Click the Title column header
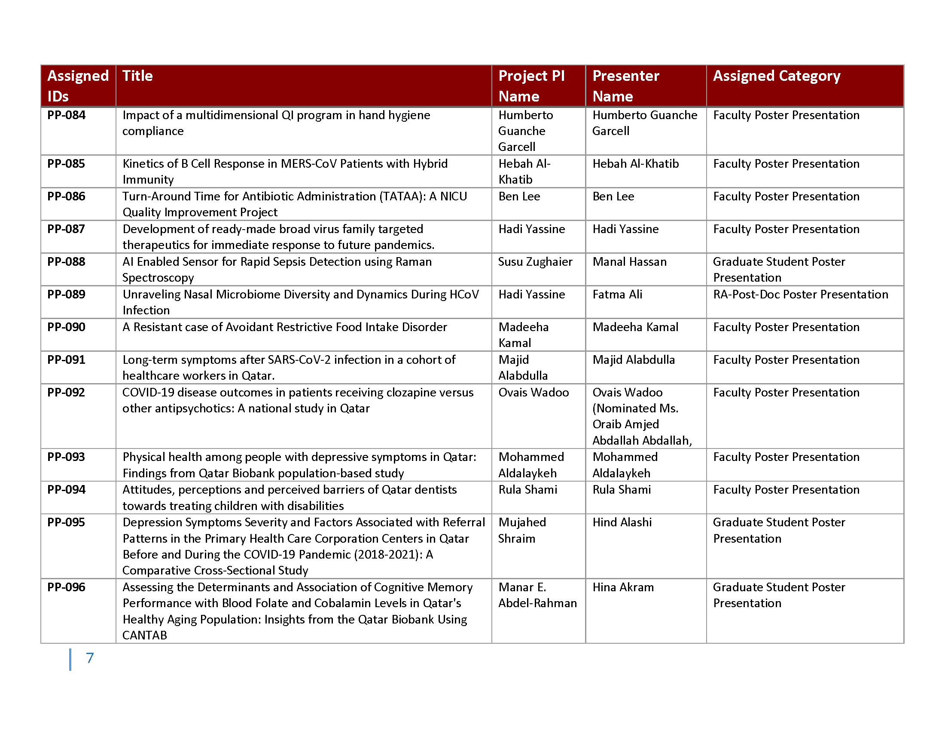click(x=137, y=76)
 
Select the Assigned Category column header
click(x=776, y=76)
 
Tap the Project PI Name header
click(x=531, y=86)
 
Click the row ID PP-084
click(x=66, y=115)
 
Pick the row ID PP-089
click(x=66, y=295)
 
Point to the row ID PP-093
click(x=66, y=457)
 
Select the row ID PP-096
click(x=66, y=587)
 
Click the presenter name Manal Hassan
click(x=629, y=262)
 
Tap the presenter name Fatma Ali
click(x=617, y=295)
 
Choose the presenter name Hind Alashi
click(x=622, y=522)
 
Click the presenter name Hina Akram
click(x=623, y=587)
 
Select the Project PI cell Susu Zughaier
click(x=535, y=262)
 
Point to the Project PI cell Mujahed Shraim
click(x=522, y=531)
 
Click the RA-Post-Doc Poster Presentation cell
click(x=801, y=295)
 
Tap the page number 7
click(x=90, y=658)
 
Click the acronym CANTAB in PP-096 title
click(x=144, y=635)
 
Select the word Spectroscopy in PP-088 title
click(x=158, y=278)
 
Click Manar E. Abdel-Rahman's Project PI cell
click(x=537, y=595)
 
